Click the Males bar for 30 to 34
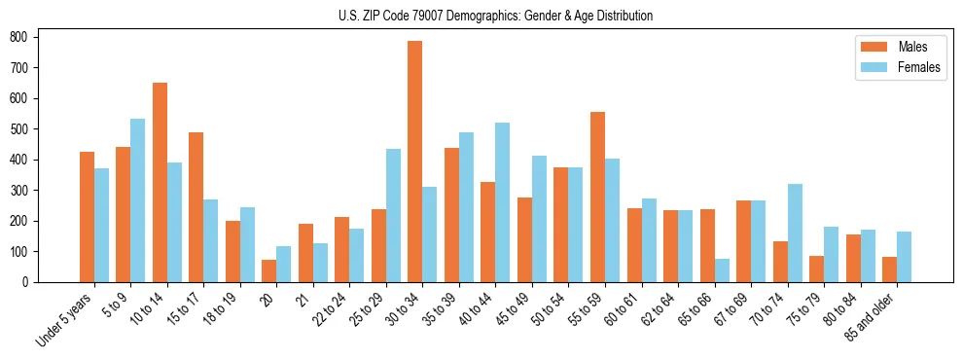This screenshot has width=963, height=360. pos(415,162)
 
